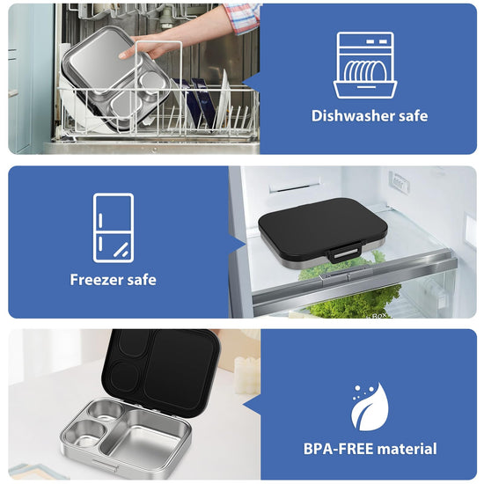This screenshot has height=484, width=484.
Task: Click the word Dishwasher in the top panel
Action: click(352, 116)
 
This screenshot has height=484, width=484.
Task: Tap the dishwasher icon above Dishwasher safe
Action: click(365, 65)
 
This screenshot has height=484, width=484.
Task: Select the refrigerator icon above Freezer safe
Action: click(114, 228)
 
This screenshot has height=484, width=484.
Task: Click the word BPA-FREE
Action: click(338, 449)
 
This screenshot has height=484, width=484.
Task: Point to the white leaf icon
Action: click(370, 407)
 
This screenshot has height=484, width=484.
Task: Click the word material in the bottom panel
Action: click(407, 449)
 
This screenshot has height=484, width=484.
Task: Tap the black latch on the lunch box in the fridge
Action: click(344, 253)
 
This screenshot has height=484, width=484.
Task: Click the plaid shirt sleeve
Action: click(243, 17)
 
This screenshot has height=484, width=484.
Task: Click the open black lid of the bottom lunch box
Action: click(161, 370)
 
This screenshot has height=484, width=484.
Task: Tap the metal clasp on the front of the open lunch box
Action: click(106, 466)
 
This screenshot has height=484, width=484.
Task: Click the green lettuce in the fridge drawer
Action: click(355, 301)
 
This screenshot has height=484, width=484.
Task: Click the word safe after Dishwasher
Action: click(413, 116)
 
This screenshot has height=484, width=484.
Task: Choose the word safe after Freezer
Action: click(142, 280)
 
